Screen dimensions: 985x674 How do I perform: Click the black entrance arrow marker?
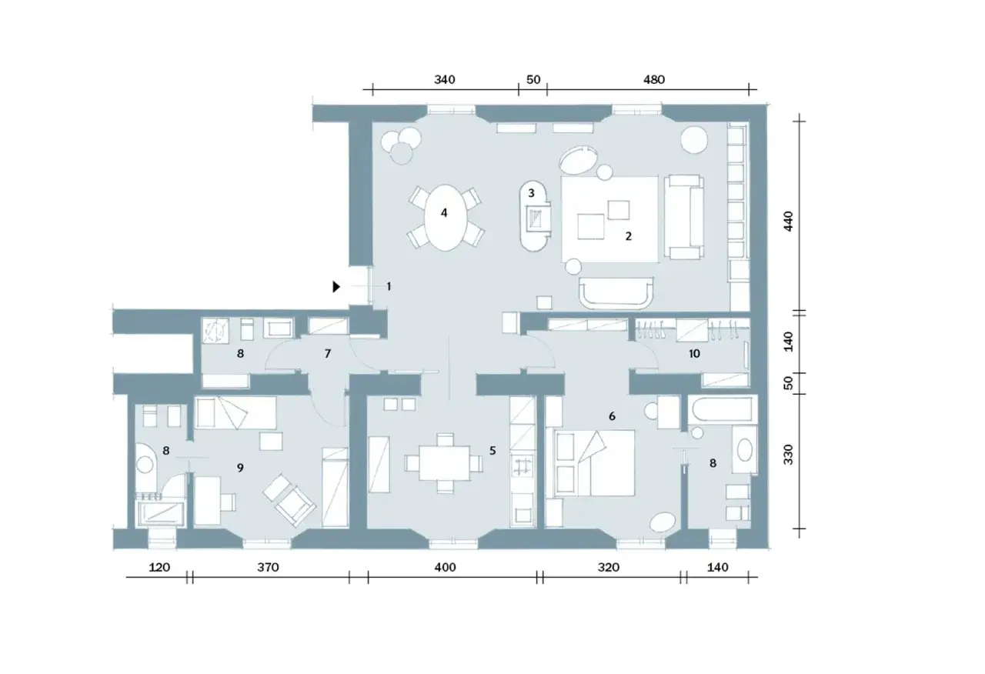pos(336,287)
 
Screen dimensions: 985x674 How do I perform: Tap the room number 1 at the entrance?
pos(389,287)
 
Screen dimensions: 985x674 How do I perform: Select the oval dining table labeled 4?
pos(444,218)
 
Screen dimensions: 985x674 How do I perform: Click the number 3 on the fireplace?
pos(531,193)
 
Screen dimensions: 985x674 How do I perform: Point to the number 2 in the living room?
pos(629,236)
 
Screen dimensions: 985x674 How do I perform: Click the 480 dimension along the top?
pos(654,79)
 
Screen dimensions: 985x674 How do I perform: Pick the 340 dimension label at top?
pos(445,79)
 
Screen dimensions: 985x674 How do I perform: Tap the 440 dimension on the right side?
pos(789,221)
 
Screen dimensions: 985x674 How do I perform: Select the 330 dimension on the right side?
pos(789,454)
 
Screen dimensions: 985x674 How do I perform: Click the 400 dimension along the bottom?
pos(445,568)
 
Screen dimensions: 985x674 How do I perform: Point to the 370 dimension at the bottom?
pos(268,568)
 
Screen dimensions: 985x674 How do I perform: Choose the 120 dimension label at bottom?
pos(159,568)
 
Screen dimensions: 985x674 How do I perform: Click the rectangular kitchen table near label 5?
pos(444,463)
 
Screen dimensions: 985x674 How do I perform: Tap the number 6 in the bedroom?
pos(612,416)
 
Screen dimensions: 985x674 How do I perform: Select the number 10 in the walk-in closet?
pos(694,353)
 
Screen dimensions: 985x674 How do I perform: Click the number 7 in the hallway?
pos(328,353)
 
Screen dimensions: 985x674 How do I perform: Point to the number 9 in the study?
pos(240,467)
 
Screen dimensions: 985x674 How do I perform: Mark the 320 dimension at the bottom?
pos(609,568)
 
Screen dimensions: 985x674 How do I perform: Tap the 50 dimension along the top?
pos(533,79)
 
